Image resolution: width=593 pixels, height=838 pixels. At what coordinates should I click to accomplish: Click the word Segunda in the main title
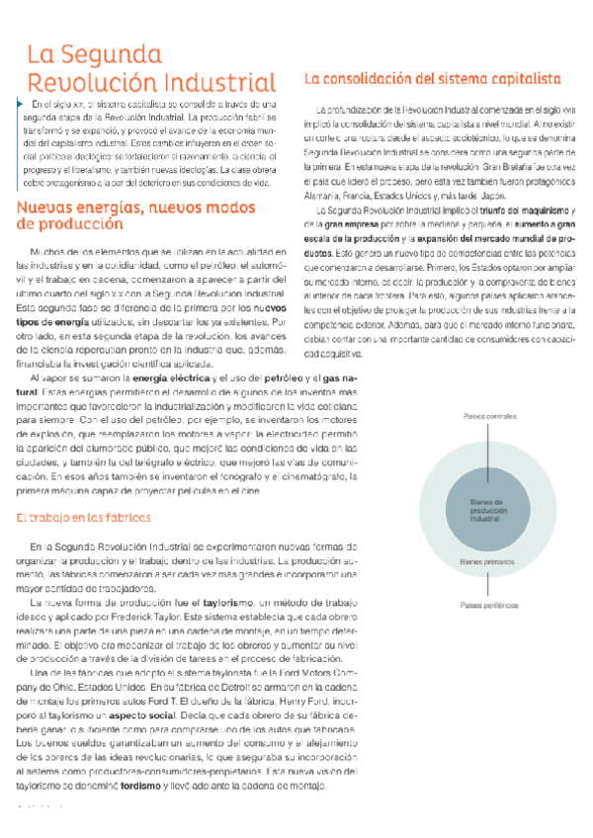pyautogui.click(x=111, y=53)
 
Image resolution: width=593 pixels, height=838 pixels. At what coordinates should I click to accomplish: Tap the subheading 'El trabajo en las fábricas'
pyautogui.click(x=84, y=517)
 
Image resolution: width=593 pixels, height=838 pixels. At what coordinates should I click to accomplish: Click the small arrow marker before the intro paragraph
pyautogui.click(x=20, y=103)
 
